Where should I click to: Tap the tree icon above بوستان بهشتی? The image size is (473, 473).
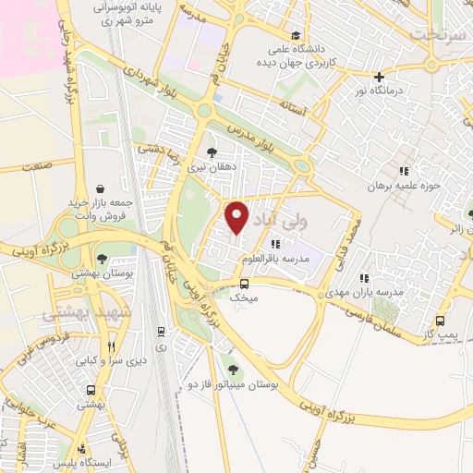pos(103,260)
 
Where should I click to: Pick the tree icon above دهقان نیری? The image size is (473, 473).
pos(213,152)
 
